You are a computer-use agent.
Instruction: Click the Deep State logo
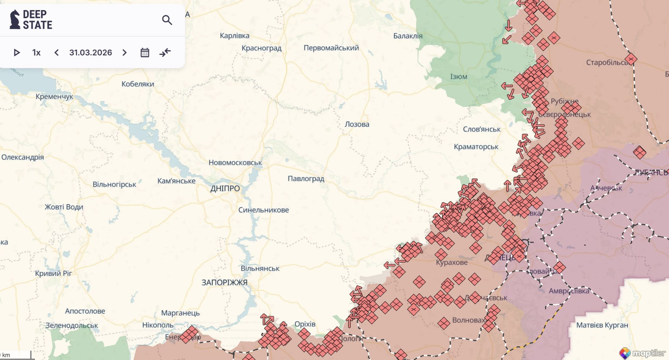(31, 20)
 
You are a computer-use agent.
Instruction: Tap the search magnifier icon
(167, 20)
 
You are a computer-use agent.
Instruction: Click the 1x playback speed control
(36, 53)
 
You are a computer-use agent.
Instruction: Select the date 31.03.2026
(90, 53)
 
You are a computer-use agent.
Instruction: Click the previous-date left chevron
(57, 53)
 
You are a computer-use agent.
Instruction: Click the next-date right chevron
(125, 53)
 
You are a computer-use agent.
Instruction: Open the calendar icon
(145, 53)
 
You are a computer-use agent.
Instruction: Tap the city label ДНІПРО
(225, 189)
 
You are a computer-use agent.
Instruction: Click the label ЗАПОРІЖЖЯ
(224, 282)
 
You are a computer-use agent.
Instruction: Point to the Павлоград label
(306, 179)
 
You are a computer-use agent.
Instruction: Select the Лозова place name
(356, 124)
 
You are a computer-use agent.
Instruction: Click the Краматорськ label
(476, 147)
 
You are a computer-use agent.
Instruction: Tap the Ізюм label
(458, 77)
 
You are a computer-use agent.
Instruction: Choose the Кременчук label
(54, 97)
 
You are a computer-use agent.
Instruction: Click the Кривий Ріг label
(53, 273)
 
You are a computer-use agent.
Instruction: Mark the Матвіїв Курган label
(602, 325)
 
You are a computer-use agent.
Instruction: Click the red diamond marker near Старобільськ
(631, 59)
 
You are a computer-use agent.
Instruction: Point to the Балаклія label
(407, 36)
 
